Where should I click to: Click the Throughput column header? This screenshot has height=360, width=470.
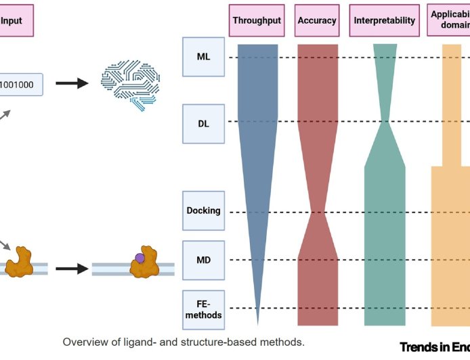pos(257,20)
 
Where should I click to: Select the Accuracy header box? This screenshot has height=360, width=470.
pos(317,20)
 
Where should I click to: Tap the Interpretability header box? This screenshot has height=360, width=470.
pos(384,20)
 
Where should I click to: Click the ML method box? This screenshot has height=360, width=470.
pos(203,57)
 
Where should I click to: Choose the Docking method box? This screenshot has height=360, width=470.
pos(203,210)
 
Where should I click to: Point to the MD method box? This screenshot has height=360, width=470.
pos(203,260)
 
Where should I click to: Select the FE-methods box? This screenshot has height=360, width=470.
pos(203,309)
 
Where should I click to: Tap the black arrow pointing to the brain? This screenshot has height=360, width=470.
pos(71,84)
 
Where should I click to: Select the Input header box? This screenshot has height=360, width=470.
pos(14,20)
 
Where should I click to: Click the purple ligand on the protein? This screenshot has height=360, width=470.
pos(140,258)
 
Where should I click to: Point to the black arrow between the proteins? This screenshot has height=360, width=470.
pos(71,269)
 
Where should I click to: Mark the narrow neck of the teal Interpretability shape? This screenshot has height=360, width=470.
pos(385,122)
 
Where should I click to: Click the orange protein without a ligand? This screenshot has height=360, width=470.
pos(20,263)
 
